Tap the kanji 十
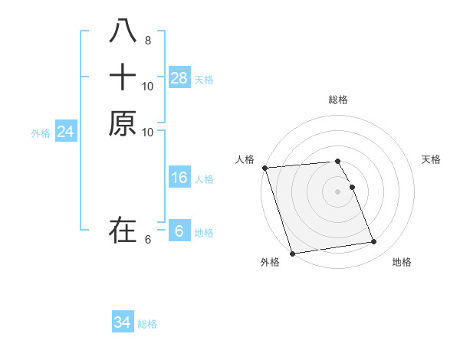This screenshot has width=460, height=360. [x=123, y=77]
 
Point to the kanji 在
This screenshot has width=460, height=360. [x=123, y=229]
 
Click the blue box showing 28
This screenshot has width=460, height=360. [x=179, y=78]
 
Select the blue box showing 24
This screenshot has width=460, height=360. [x=66, y=133]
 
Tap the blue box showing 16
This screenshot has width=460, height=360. [x=179, y=178]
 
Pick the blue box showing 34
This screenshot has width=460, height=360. [x=123, y=322]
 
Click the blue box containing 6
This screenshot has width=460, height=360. [x=179, y=231]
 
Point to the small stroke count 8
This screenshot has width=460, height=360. [x=147, y=41]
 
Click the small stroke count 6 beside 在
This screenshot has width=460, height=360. [x=147, y=239]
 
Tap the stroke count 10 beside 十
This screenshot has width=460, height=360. [x=147, y=86]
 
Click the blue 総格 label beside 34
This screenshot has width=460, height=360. [x=147, y=324]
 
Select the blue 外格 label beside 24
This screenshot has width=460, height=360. [x=41, y=133]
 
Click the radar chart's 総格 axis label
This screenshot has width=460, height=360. [x=337, y=100]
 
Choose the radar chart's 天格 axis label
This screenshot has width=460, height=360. [x=431, y=159]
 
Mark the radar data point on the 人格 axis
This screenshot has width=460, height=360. [x=264, y=168]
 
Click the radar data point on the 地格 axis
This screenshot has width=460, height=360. [x=374, y=242]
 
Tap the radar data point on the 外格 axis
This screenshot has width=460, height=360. [x=293, y=253]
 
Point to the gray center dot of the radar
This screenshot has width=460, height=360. [x=337, y=191]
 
